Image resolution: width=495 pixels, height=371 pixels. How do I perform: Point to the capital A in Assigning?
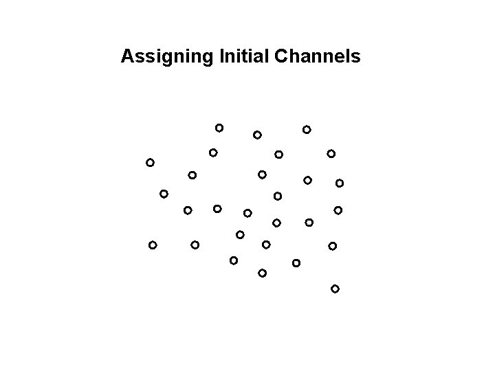[126, 56]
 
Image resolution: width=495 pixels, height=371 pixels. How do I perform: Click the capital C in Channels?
[280, 56]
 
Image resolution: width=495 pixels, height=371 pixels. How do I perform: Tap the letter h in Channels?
[291, 56]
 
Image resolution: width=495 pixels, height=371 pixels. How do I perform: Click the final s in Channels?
[355, 57]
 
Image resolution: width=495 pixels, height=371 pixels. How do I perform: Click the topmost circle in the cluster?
[219, 127]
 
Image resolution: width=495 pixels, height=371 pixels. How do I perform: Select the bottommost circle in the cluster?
[335, 289]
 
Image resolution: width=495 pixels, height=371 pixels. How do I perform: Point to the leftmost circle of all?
[149, 163]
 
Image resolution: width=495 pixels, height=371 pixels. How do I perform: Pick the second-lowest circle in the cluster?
[262, 273]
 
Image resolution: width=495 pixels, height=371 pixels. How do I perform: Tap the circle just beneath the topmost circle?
[214, 152]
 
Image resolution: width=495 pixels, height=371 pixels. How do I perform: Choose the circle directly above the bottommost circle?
[332, 245]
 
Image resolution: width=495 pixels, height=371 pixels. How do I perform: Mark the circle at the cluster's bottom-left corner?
[153, 245]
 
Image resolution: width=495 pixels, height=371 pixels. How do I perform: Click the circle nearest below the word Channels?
[307, 129]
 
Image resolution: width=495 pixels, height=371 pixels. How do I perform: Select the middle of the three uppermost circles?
[256, 134]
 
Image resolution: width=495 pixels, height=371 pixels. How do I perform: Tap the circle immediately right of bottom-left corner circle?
[195, 244]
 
